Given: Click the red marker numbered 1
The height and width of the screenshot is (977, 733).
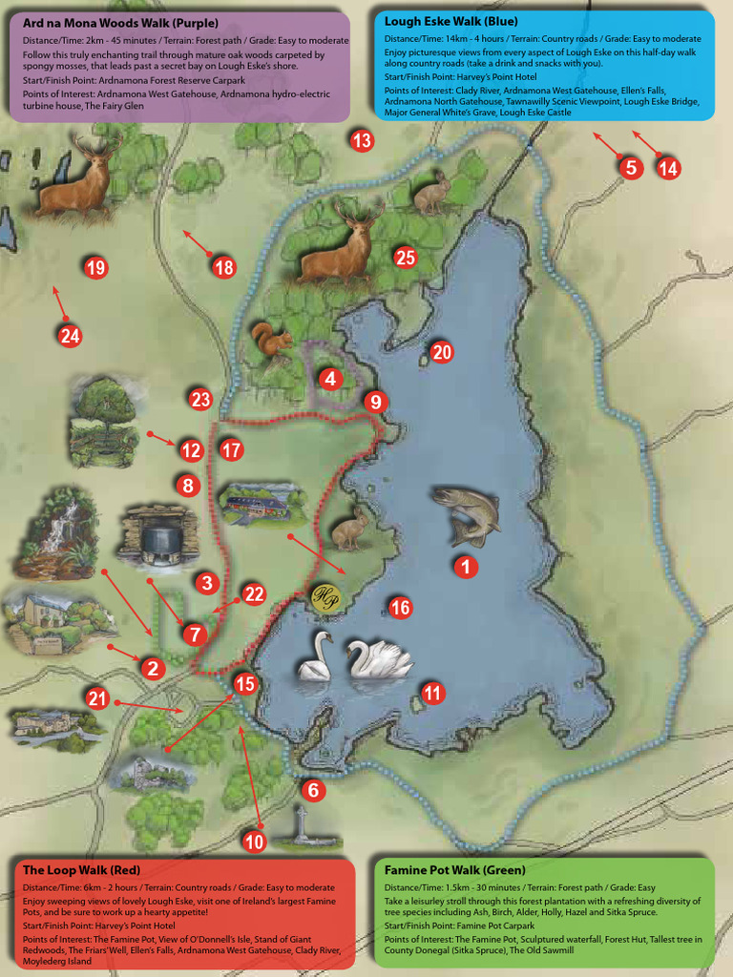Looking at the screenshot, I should click(x=466, y=567).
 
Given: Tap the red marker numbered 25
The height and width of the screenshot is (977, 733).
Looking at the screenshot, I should click(x=406, y=257).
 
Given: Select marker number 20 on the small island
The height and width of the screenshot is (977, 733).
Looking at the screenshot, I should click(x=441, y=352).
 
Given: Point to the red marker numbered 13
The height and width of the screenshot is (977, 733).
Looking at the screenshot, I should click(x=361, y=142).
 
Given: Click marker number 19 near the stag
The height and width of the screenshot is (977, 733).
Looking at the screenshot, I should click(x=94, y=268).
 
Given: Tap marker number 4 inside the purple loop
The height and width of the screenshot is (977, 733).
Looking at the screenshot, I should click(x=329, y=379).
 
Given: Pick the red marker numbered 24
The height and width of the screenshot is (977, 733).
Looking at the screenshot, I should click(x=70, y=335).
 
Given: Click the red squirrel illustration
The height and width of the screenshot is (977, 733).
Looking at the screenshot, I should click(x=271, y=341).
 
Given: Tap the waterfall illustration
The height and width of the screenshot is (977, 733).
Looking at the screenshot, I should click(x=57, y=530).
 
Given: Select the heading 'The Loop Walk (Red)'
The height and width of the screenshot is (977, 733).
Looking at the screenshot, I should click(x=81, y=870).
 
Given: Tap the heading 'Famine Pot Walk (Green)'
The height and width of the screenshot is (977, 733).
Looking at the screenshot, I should click(x=452, y=870).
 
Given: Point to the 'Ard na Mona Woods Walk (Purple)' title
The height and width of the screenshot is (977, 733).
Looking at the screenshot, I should click(x=120, y=22).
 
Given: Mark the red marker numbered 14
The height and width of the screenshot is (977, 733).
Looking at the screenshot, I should click(x=668, y=169).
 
